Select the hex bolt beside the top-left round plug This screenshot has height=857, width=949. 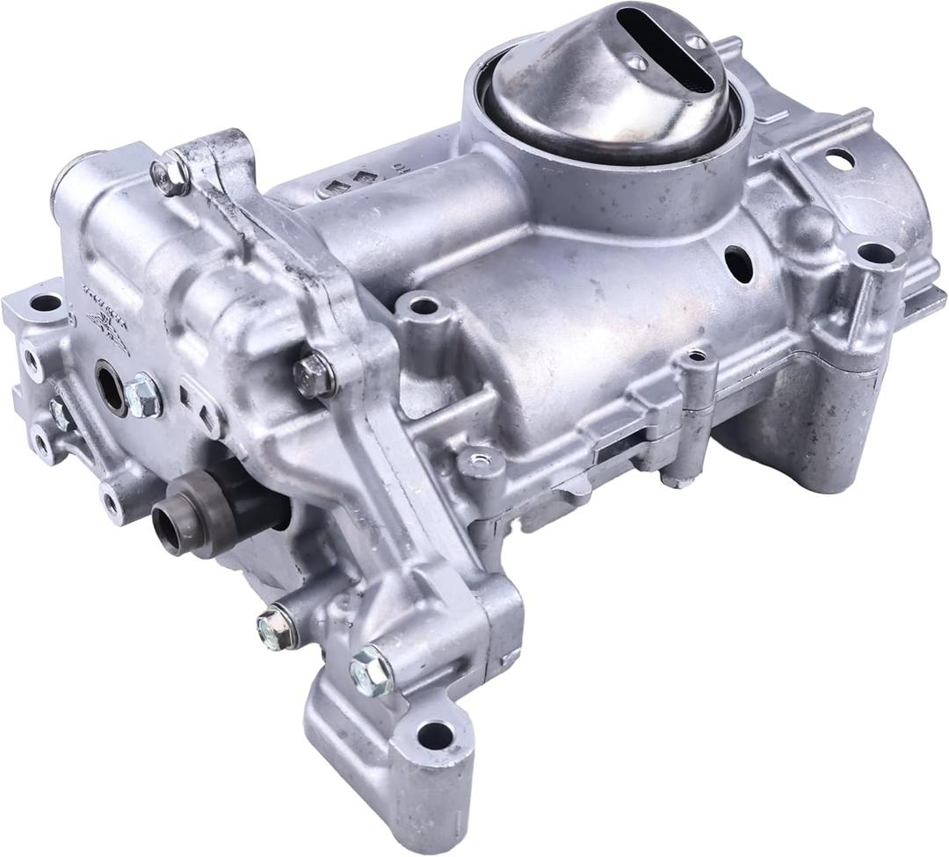coord(170,175)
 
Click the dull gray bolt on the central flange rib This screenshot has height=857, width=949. coord(314,375)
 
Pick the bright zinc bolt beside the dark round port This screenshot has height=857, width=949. coord(142,395)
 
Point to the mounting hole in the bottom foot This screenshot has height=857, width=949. coord(433,735)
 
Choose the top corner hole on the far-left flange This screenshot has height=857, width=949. coord(46,304)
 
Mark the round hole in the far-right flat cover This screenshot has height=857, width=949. coord(839,159)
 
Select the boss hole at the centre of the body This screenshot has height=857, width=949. coord(424,306)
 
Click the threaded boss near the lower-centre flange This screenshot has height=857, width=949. coord(482,457)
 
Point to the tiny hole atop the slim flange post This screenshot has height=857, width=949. coord(697,356)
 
